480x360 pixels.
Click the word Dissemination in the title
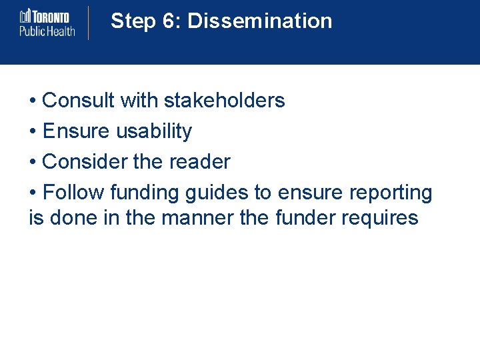click(x=259, y=21)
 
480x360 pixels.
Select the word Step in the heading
click(x=133, y=21)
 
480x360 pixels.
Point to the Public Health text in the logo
click(x=47, y=30)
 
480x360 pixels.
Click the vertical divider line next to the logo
click(x=89, y=23)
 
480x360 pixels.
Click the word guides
click(x=217, y=193)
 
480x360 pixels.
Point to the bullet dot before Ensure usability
click(x=33, y=132)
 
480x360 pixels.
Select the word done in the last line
click(x=74, y=218)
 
